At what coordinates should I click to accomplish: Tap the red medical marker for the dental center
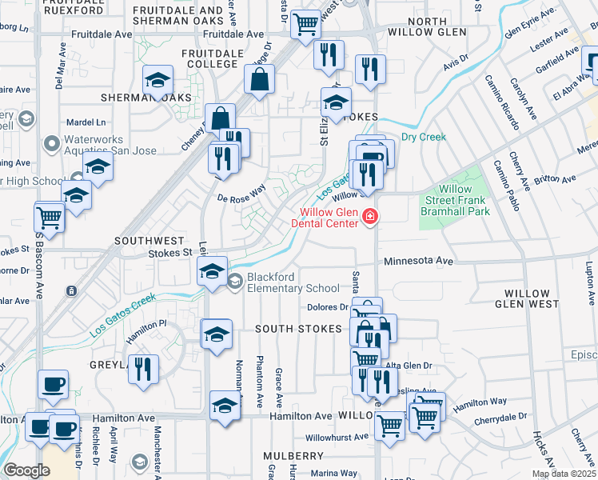click(x=370, y=217)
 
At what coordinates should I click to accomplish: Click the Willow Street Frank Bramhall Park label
click(x=456, y=200)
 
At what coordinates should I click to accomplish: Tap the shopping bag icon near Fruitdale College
click(x=261, y=80)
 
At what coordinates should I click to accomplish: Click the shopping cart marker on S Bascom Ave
click(x=50, y=218)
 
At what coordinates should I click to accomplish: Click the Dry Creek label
click(x=424, y=137)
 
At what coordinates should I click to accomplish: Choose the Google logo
click(x=26, y=470)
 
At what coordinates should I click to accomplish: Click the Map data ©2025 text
click(x=564, y=474)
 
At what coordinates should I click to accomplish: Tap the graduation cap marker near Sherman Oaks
click(x=158, y=80)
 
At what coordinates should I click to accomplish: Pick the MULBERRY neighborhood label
click(x=293, y=455)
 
